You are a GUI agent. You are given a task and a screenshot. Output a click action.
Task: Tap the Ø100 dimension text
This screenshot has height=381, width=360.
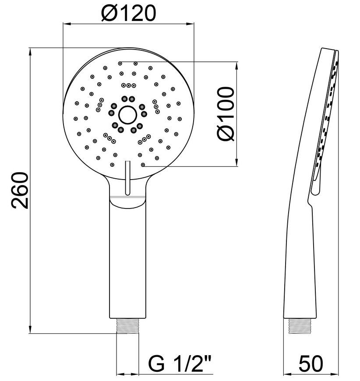[x=226, y=114]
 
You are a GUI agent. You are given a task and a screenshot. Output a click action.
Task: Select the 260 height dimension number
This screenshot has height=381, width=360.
[x=20, y=190]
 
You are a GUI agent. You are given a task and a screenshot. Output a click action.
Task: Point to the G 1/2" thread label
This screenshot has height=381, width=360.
[x=180, y=363]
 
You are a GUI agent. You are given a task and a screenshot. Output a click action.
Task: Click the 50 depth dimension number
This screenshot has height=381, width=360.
[x=311, y=363]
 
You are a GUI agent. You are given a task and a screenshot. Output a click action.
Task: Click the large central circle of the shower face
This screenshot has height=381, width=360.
[x=127, y=115]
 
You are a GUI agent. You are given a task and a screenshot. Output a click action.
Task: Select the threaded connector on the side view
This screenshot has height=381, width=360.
[x=300, y=325]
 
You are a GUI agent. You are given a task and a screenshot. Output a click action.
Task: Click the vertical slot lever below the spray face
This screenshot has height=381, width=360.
[x=127, y=178]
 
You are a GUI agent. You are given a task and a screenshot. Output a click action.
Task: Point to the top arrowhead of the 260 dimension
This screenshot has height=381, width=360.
[x=30, y=52]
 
